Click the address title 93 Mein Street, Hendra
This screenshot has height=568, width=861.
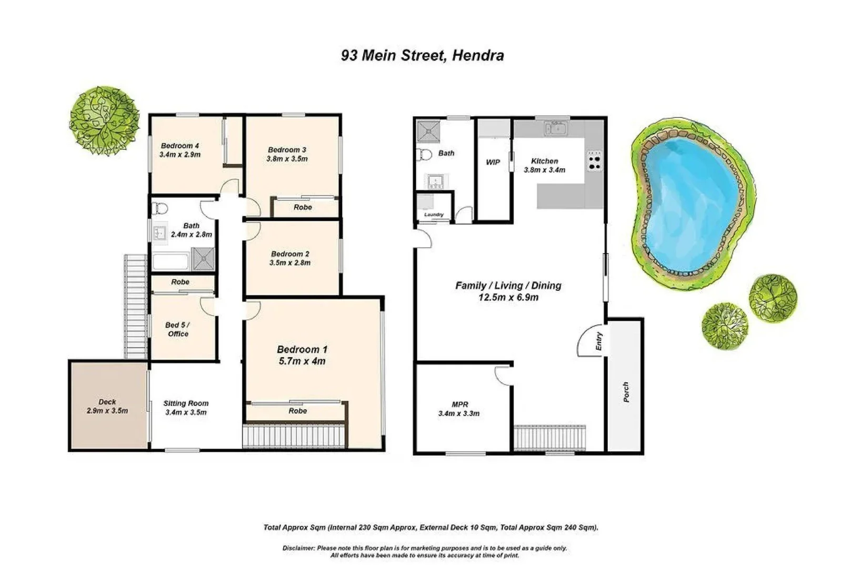422,56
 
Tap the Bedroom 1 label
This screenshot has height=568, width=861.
302,350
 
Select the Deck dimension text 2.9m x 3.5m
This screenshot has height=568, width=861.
107,411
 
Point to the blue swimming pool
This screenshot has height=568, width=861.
689,202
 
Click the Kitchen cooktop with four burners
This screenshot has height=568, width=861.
594,161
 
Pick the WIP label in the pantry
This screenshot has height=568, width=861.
493,163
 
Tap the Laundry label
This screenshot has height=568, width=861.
434,215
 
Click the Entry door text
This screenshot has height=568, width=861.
599,341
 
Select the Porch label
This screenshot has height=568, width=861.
626,392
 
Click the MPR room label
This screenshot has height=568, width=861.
459,404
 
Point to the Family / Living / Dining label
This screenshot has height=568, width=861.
508,286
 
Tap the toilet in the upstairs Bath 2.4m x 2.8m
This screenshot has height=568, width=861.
159,209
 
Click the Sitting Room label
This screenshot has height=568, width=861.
185,403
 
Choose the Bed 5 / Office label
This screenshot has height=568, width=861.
177,329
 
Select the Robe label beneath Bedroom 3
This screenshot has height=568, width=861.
303,207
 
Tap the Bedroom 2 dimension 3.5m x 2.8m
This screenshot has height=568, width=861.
290,263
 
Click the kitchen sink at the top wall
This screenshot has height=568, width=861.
556,128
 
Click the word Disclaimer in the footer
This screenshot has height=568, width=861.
298,548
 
